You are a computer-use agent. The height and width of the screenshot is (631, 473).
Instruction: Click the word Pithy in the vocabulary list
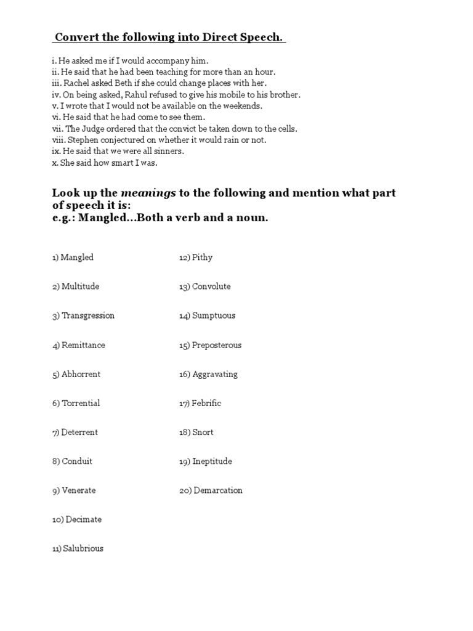tap(202, 258)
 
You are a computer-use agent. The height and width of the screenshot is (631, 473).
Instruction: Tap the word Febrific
tap(206, 403)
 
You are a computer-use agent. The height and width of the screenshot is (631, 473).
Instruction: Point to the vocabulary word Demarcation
tap(218, 491)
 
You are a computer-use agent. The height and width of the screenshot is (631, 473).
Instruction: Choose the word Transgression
tap(88, 315)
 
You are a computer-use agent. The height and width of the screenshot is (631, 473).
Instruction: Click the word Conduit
tap(77, 461)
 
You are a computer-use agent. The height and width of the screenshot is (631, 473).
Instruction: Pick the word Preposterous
tap(217, 345)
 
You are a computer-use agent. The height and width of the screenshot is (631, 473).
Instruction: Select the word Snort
tap(203, 432)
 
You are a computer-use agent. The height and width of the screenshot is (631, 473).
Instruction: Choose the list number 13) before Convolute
tap(184, 287)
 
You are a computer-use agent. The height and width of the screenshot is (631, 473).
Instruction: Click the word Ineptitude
tap(212, 462)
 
